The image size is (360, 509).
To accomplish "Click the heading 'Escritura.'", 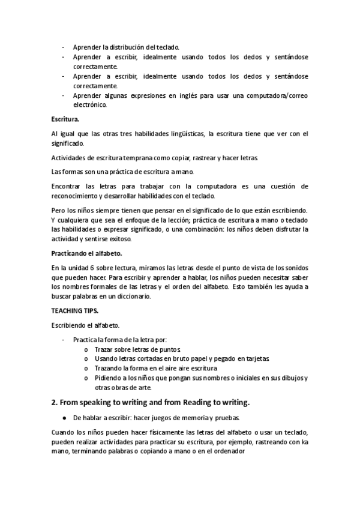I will tap(67, 119).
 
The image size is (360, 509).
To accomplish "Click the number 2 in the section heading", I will tap(54, 402).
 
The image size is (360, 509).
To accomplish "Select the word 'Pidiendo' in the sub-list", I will tap(108, 378).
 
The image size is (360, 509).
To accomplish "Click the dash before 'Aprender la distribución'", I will tap(64, 47).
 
